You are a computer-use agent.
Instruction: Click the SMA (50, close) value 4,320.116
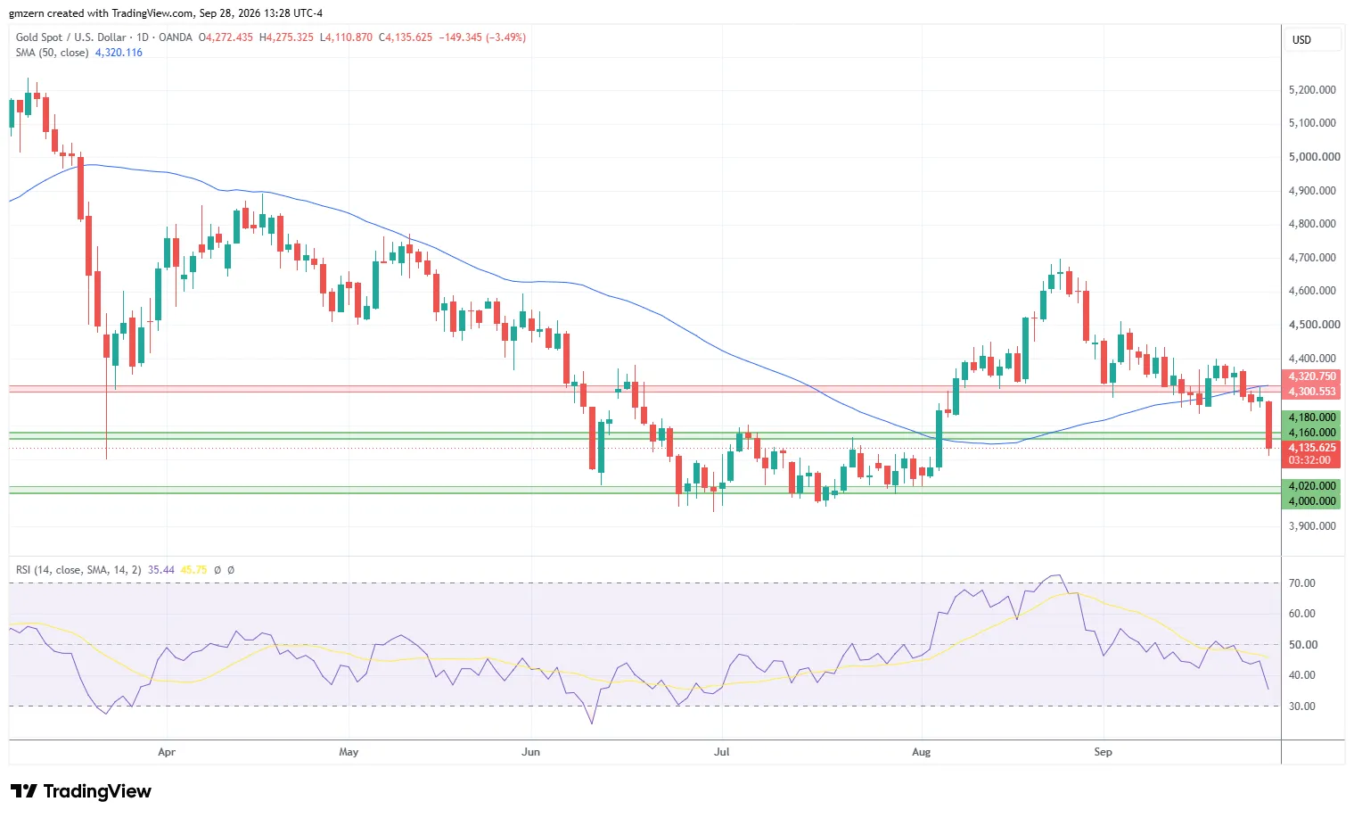click(x=119, y=53)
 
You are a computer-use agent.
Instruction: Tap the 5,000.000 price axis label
click(x=1314, y=157)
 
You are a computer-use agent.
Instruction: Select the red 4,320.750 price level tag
click(x=1312, y=376)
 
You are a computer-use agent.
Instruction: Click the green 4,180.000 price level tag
click(x=1312, y=417)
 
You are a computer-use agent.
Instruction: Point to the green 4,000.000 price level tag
click(x=1312, y=501)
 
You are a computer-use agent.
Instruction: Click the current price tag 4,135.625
click(x=1312, y=448)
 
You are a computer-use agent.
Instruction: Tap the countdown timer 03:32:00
click(x=1309, y=460)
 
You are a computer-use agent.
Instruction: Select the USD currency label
click(x=1301, y=40)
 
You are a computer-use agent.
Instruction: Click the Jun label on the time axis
click(x=530, y=752)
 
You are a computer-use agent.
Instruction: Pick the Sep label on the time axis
click(x=1103, y=752)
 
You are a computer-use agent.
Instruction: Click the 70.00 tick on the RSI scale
click(x=1302, y=583)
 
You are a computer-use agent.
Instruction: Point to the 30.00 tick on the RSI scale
click(x=1302, y=706)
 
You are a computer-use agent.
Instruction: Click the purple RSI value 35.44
click(x=160, y=570)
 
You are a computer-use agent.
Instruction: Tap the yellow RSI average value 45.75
click(x=193, y=570)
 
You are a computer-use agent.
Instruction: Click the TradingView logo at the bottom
click(x=81, y=790)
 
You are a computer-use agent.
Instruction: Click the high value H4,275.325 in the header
click(x=286, y=37)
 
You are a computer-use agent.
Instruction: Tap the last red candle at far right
click(x=1268, y=425)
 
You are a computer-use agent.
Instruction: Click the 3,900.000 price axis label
click(x=1314, y=526)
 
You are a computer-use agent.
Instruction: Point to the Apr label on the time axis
click(x=166, y=752)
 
